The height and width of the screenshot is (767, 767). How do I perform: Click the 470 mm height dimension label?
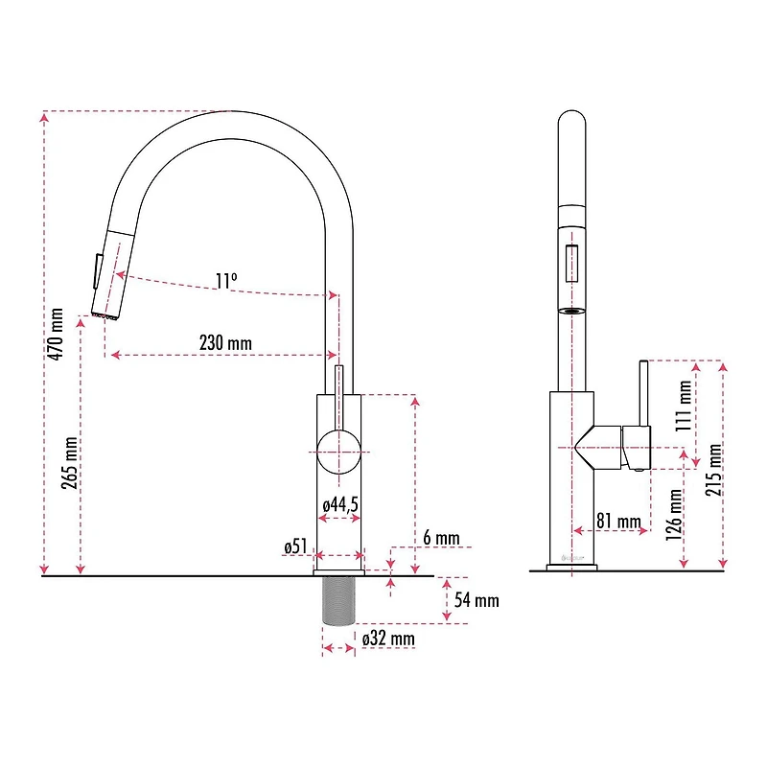[x=57, y=334]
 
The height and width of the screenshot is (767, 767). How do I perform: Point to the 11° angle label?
[x=225, y=281]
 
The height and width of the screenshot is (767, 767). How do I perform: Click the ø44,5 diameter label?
[x=340, y=504]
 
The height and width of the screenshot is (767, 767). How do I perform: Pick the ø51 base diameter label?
[x=295, y=546]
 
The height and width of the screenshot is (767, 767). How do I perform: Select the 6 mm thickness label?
[x=441, y=538]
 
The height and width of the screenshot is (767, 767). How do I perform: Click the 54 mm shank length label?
[x=476, y=601]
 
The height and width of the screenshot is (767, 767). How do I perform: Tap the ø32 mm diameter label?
[x=388, y=638]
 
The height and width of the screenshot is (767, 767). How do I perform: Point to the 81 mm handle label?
[x=618, y=522]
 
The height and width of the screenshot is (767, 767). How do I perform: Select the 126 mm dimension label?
[x=676, y=514]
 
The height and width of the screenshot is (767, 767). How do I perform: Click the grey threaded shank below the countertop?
[x=339, y=600]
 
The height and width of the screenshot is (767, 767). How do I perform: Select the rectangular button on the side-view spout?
[x=571, y=264]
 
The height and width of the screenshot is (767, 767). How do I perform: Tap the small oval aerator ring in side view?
[x=571, y=311]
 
